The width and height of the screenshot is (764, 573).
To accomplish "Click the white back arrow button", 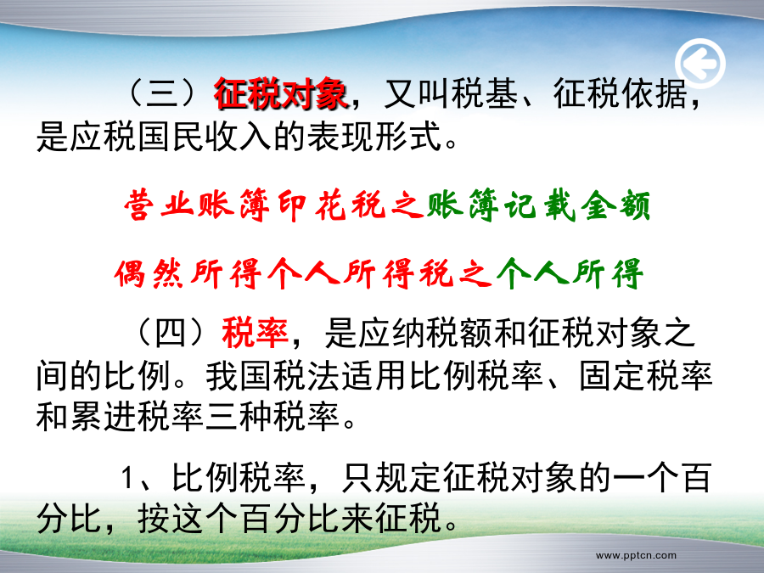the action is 700,64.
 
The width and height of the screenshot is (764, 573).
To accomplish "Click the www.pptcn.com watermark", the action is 636,555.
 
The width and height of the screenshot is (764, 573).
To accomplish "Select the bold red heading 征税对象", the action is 281,93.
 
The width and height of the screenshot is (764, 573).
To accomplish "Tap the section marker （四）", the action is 171,334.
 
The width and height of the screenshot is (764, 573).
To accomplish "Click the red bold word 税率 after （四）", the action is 255,334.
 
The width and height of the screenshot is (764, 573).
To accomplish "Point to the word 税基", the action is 485,93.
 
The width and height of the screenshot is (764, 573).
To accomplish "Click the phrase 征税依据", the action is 621,93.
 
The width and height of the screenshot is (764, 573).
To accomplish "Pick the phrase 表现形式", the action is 374,136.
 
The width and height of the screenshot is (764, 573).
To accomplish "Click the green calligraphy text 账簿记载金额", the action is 538,205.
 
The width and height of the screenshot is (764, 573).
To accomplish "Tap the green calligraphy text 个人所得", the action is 570,273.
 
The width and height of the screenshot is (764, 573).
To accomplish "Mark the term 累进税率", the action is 137,418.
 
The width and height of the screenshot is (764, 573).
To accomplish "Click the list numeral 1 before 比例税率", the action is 127,477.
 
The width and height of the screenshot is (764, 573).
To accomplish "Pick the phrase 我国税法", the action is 272,376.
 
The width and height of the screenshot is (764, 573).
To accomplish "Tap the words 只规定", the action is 391,477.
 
